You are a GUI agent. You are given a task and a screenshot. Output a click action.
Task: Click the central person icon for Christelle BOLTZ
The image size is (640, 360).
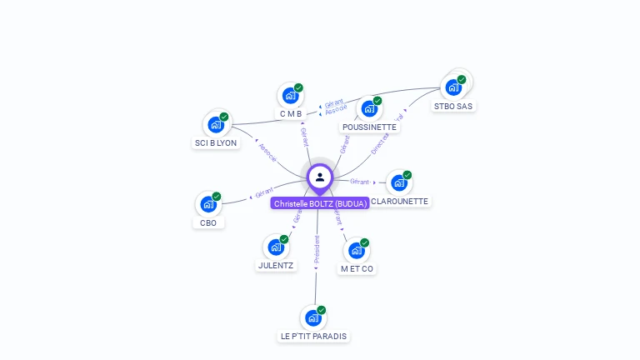(x=320, y=177)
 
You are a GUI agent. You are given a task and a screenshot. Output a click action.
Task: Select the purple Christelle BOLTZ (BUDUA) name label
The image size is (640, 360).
(x=320, y=203)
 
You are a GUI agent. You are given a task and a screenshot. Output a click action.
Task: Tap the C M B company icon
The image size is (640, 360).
(x=290, y=95)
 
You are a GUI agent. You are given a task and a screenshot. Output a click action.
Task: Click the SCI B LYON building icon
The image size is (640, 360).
(x=216, y=125)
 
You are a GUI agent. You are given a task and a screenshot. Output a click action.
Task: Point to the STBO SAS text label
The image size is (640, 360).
(x=453, y=107)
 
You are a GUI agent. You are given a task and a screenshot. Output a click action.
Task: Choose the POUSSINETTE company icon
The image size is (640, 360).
(x=369, y=108)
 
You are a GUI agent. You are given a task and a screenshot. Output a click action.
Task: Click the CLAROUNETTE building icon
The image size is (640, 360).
(x=399, y=182)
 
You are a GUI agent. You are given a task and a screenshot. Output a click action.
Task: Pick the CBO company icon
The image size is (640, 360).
(x=208, y=204)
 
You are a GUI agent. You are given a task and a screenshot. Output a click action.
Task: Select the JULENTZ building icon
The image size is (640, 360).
(x=276, y=247)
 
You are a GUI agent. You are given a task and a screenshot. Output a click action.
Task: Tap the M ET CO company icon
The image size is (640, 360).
(x=357, y=250)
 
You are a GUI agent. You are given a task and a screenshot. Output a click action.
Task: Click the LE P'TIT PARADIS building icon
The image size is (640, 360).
(x=313, y=317)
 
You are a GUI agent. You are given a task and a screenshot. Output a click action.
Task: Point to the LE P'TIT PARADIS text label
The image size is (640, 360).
(x=314, y=337)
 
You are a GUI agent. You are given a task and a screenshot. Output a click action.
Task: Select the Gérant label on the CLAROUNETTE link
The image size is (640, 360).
(x=360, y=181)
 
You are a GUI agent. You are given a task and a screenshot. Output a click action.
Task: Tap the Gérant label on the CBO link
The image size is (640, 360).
(x=265, y=192)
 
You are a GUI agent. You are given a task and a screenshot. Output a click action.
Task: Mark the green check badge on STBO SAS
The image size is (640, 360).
(x=462, y=80)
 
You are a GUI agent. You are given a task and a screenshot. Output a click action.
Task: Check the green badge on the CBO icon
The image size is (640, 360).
(x=217, y=197)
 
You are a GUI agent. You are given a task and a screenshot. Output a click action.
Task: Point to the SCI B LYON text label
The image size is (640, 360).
(x=216, y=143)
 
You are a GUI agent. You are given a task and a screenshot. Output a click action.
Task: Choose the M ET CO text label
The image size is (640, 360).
(x=357, y=269)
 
